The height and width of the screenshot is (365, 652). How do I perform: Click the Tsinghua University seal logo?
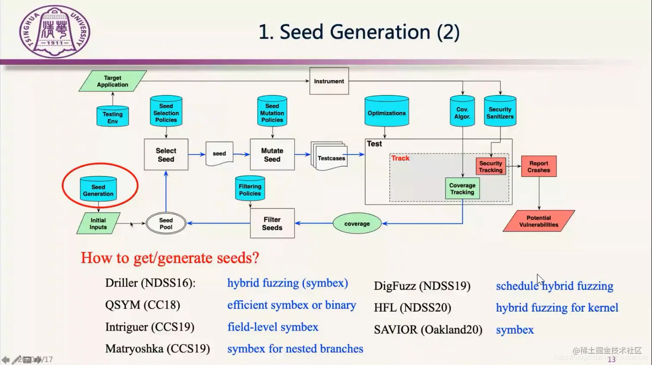tap(55, 31)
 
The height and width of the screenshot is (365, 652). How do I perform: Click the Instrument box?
tap(329, 81)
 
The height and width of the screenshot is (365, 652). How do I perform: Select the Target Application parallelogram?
tap(113, 81)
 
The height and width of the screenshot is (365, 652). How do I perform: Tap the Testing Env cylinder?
tap(113, 116)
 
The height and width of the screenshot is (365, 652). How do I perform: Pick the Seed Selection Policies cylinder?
tap(166, 112)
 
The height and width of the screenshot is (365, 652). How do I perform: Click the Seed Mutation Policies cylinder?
tap(272, 112)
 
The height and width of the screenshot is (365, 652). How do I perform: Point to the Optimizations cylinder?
tap(386, 112)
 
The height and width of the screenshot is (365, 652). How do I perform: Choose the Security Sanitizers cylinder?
tap(500, 112)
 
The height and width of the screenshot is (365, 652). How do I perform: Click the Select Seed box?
tap(166, 154)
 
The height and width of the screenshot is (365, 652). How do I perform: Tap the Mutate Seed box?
tap(272, 154)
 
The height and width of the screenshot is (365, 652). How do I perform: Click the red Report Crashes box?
tap(539, 167)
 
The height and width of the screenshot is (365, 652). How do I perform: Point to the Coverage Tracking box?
tap(462, 189)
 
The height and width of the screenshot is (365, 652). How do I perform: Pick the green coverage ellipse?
tap(357, 223)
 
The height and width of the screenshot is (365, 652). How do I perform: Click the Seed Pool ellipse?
tap(166, 223)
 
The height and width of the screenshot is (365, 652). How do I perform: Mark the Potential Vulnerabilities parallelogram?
tap(539, 221)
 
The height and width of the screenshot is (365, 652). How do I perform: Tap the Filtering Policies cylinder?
tap(250, 189)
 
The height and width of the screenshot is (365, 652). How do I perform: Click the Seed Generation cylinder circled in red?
tap(98, 189)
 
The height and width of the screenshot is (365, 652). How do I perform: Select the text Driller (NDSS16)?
tap(150, 283)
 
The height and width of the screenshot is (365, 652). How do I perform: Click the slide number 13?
tap(611, 359)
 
